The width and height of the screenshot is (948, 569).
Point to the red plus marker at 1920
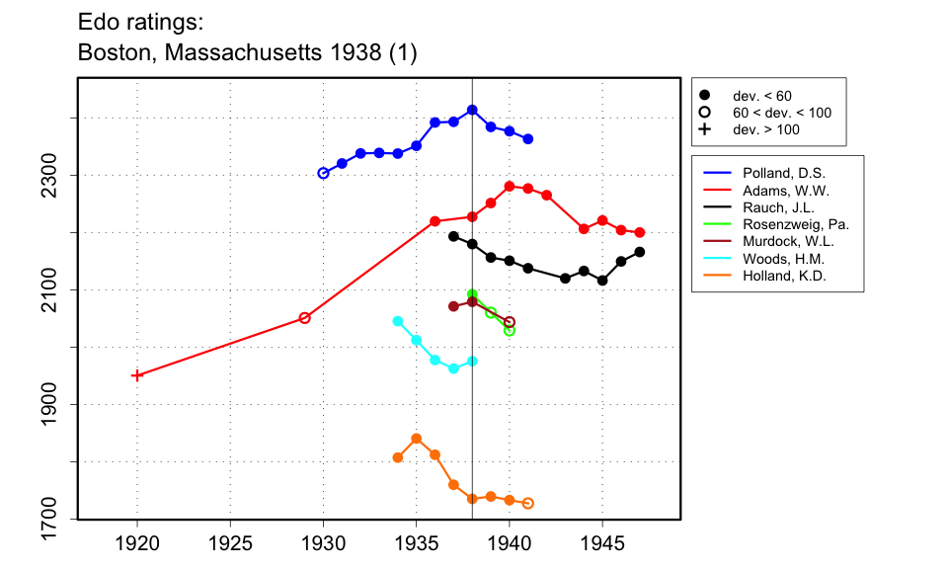point(137,375)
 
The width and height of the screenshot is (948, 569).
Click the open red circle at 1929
point(304,318)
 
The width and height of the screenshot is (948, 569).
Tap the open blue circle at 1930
point(323,173)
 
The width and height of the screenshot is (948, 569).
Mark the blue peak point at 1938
point(472,110)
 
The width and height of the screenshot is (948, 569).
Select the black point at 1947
point(640,252)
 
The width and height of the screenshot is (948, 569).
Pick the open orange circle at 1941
point(528,504)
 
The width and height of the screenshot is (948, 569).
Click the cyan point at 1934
point(398,321)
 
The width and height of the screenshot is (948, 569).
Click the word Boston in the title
point(112,52)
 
